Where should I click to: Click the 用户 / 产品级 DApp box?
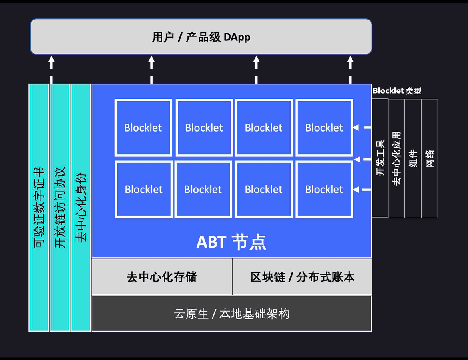coord(201,37)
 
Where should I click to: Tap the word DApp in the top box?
coord(237,37)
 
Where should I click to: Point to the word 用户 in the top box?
coord(163,37)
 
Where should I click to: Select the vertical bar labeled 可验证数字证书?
coord(39,208)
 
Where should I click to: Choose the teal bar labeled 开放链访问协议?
coord(60,208)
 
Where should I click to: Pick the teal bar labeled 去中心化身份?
coord(81,208)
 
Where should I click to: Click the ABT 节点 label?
coord(231,242)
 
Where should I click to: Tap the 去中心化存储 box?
coord(161,277)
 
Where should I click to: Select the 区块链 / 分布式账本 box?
coord(302,277)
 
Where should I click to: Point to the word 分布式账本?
coord(325,277)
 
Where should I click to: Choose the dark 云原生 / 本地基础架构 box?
coord(232,314)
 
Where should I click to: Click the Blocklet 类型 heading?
coord(396,91)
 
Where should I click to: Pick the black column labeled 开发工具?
coord(380,158)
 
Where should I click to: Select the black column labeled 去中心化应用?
coord(396,158)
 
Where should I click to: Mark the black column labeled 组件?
coord(413,158)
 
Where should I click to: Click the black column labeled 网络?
coord(430,158)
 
